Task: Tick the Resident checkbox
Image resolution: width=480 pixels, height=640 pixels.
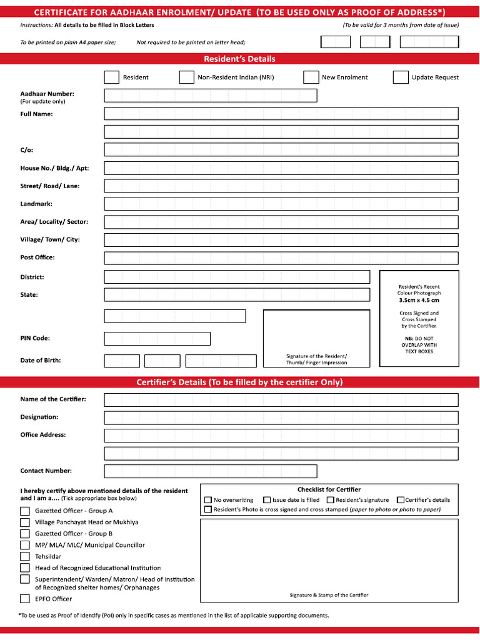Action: [x=111, y=77]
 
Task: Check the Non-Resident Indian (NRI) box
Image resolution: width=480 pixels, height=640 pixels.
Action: [x=186, y=77]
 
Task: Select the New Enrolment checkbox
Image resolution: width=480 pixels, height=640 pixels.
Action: [x=311, y=77]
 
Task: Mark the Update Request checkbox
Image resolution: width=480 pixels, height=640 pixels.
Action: [x=401, y=77]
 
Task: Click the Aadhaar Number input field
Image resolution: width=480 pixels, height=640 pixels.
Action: [x=210, y=96]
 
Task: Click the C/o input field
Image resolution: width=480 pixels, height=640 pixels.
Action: [x=281, y=150]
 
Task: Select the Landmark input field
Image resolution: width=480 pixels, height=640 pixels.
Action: [x=281, y=204]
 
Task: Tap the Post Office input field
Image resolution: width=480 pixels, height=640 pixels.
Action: [x=281, y=258]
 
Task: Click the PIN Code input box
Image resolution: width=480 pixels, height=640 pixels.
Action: [x=157, y=339]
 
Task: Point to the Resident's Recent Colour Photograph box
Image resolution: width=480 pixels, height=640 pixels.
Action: [x=419, y=318]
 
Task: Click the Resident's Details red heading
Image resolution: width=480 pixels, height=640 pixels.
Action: [x=239, y=59]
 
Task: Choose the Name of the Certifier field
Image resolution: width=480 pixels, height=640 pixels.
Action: [x=281, y=399]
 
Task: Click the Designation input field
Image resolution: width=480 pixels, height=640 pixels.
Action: [x=281, y=417]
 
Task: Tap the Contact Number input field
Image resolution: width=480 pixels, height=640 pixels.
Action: [x=210, y=471]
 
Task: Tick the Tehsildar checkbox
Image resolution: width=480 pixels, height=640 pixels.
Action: [x=25, y=556]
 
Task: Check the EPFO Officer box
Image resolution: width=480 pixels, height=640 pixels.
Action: [x=25, y=599]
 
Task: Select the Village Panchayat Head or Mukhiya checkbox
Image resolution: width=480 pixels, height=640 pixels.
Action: [x=25, y=522]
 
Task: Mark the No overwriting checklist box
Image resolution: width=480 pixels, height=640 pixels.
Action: [x=208, y=500]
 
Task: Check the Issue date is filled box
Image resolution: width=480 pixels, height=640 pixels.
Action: [x=267, y=500]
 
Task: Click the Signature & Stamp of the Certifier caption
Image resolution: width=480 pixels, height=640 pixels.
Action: [x=329, y=595]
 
